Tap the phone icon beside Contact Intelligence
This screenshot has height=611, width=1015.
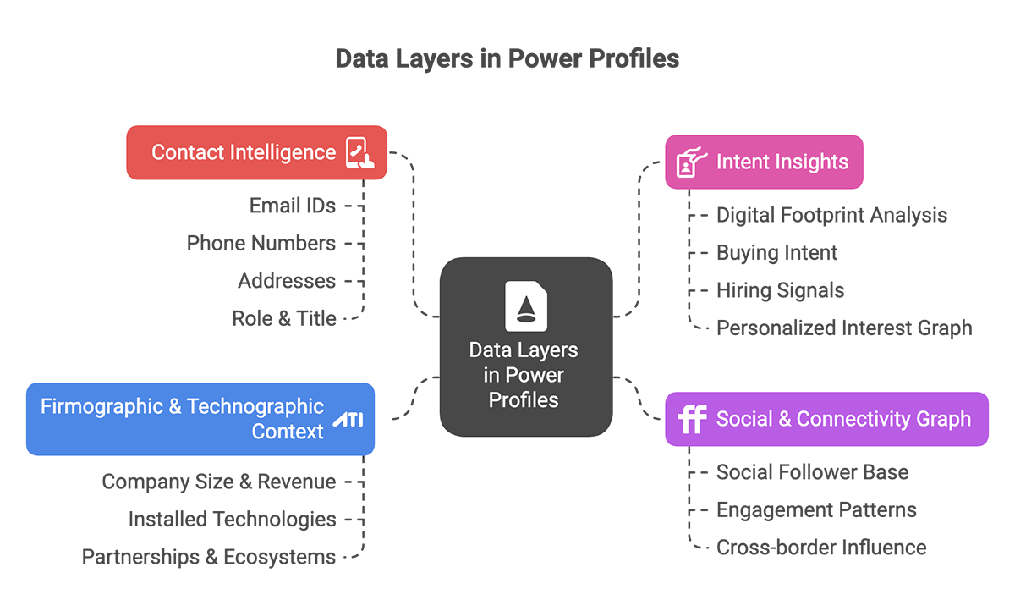(360, 153)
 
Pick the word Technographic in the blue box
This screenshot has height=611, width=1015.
(255, 406)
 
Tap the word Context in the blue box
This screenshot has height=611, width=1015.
(288, 432)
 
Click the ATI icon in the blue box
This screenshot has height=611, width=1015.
(347, 420)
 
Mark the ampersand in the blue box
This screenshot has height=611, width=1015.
(174, 406)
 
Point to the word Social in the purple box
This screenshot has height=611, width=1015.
(743, 419)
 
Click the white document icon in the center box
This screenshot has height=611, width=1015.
(525, 305)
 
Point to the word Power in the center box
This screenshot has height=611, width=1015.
(539, 375)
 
